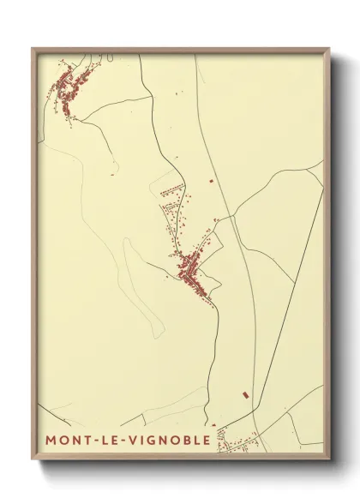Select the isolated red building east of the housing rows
(x=209, y=181)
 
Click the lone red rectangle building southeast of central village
(x=246, y=394)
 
